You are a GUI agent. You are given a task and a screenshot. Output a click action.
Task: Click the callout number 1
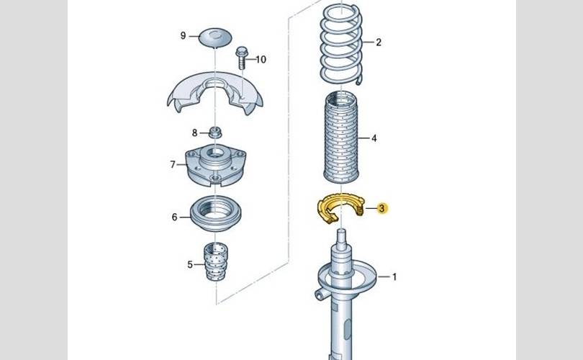click(x=394, y=276)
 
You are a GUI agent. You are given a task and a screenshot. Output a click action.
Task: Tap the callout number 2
click(x=379, y=42)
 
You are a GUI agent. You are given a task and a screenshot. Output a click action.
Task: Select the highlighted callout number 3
click(x=382, y=209)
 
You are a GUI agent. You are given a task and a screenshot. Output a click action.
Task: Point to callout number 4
click(x=374, y=138)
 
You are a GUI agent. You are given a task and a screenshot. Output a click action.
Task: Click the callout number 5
click(x=191, y=265)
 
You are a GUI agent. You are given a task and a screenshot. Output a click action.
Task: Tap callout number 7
click(x=173, y=165)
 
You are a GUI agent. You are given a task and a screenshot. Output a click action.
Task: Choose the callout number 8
click(x=194, y=132)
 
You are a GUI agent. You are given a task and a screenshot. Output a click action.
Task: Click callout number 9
click(x=184, y=35)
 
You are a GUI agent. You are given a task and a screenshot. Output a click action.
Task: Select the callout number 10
click(x=261, y=59)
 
